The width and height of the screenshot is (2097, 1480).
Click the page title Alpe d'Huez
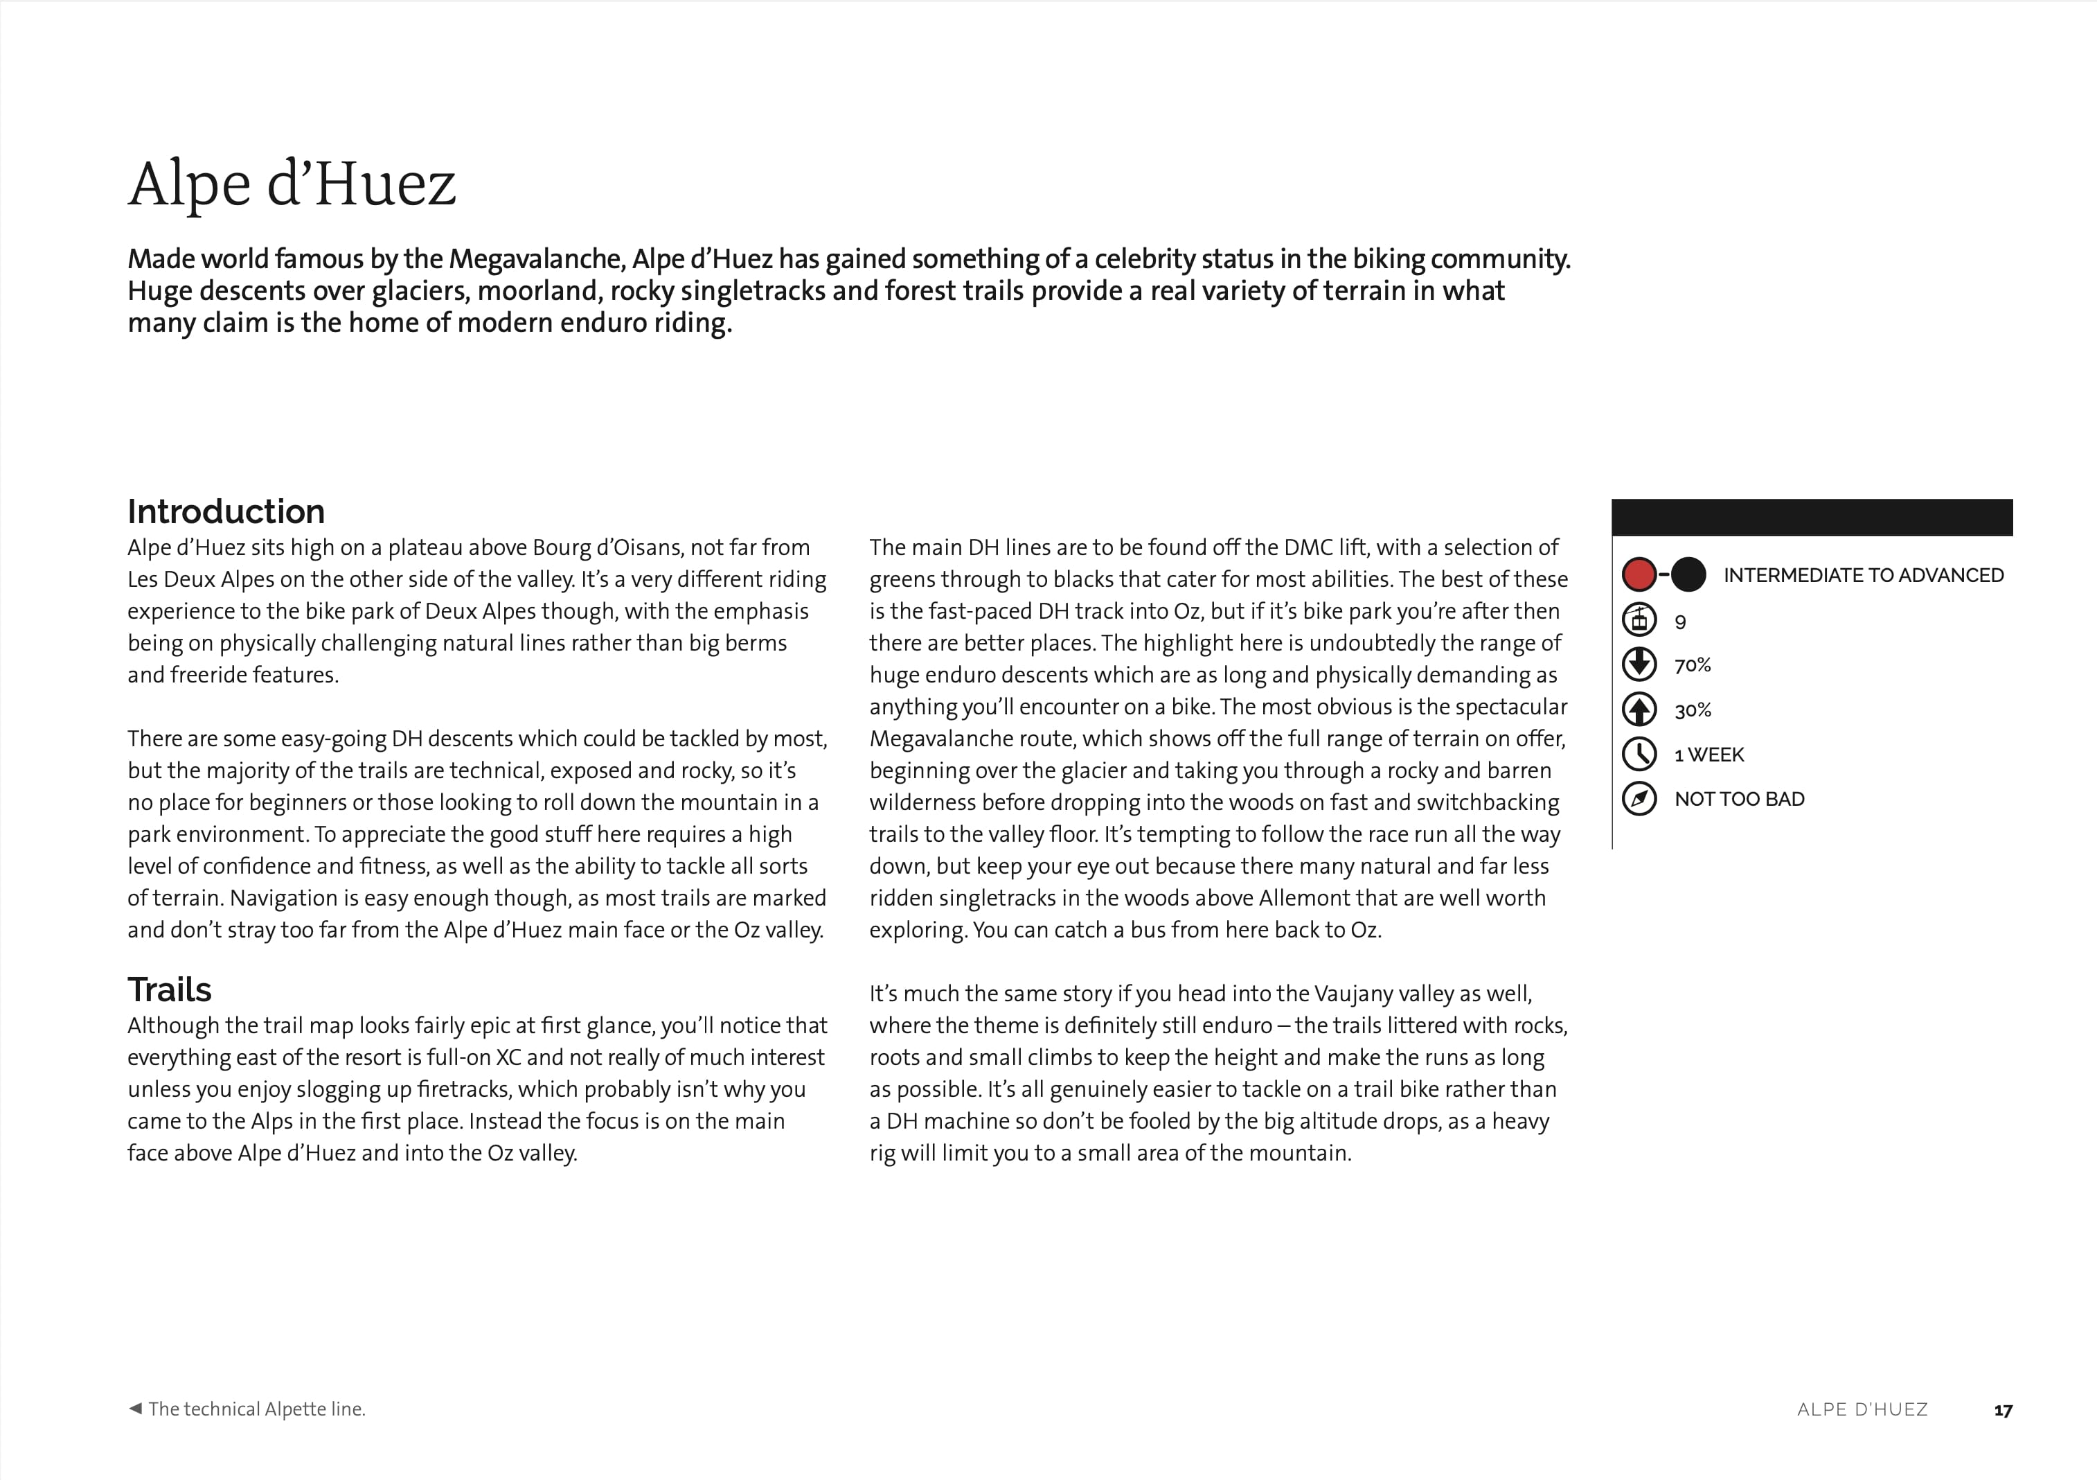[292, 184]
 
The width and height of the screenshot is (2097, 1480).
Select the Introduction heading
[226, 511]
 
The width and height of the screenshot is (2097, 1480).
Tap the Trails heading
[169, 989]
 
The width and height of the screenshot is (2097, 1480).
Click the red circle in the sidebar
[1639, 574]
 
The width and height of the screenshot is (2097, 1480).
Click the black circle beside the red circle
[1688, 574]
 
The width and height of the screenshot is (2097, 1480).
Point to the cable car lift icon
[1639, 620]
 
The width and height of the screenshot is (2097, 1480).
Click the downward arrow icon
[1639, 664]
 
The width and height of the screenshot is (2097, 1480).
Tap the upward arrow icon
[1639, 709]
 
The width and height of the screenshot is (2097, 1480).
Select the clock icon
[1639, 754]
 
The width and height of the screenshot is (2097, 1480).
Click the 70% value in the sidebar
[1693, 665]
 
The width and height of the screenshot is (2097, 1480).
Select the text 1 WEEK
[1709, 755]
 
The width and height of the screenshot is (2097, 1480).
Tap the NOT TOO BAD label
[1739, 800]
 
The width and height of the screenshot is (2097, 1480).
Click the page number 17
[2002, 1411]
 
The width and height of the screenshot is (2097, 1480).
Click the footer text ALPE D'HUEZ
[1862, 1409]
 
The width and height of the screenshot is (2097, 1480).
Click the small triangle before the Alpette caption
[135, 1408]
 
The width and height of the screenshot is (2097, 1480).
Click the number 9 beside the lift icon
[1679, 622]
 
